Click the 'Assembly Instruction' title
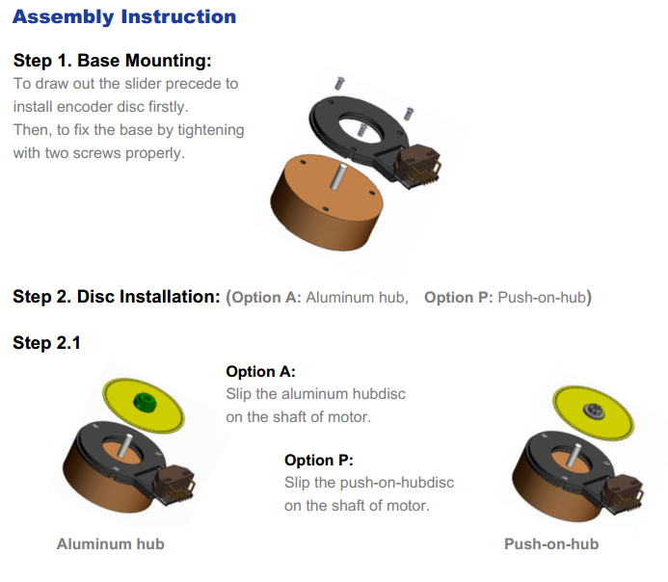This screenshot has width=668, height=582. point(124,17)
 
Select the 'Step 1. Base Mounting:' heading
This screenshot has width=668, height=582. point(113,61)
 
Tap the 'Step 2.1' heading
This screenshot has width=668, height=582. point(46,343)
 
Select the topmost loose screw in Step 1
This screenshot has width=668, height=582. point(339,84)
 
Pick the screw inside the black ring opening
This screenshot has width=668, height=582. point(361,129)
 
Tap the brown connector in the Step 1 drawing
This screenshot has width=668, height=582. point(418,167)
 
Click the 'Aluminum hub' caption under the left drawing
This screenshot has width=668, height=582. point(110,544)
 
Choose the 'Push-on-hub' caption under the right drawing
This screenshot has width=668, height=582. point(551,544)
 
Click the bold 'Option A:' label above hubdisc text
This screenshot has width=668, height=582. point(260,372)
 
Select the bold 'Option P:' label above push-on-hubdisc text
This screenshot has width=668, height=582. point(319,461)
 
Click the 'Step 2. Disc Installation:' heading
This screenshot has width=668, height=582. point(117,297)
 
